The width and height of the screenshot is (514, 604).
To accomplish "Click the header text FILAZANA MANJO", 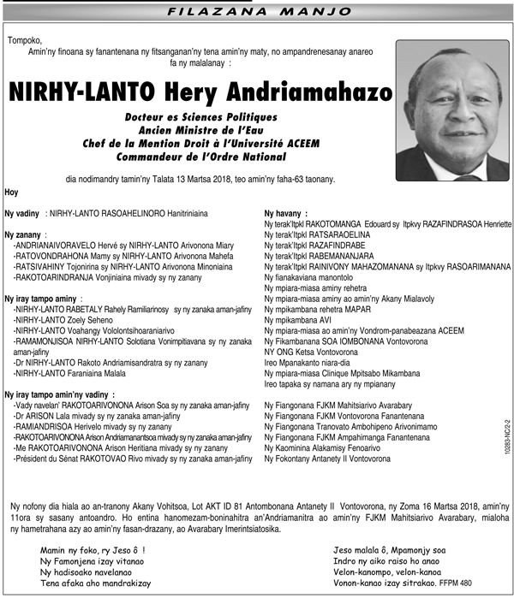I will point(258,13).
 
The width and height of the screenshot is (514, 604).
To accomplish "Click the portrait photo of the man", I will point(453,110).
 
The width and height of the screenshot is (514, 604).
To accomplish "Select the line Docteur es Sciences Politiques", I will point(200,117).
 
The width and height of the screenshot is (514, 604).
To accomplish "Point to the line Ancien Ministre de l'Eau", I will point(200,130).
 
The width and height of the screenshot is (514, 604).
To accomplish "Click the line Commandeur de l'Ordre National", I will point(200,157).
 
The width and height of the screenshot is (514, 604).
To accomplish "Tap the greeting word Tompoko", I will point(25,41).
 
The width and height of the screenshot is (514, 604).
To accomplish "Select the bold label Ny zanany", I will point(25,234).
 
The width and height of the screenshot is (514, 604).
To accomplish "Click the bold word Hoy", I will point(12,192).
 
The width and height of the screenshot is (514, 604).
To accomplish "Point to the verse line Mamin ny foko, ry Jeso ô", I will point(93,550).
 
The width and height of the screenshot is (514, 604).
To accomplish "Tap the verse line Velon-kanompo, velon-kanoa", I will point(385,572).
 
